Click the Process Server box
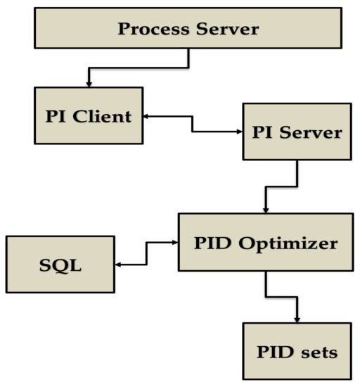(188, 30)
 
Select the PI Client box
(89, 115)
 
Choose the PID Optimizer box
(266, 243)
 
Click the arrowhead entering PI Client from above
(89, 84)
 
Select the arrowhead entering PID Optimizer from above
(265, 210)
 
